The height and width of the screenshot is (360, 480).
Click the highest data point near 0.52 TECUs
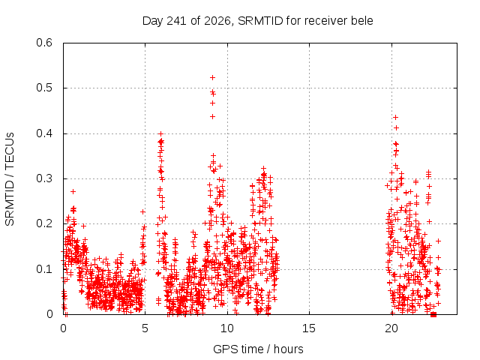point(212,78)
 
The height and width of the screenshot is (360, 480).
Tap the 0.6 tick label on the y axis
point(44,43)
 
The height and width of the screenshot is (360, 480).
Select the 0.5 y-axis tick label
point(44,88)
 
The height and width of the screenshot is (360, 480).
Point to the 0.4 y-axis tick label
point(44,133)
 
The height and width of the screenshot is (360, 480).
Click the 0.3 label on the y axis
point(44,178)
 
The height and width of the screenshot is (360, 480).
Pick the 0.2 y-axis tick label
point(44,223)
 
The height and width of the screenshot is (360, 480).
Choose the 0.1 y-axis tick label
point(44,269)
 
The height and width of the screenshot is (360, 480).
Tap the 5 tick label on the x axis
point(145,328)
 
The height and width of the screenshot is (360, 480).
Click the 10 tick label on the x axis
point(227,328)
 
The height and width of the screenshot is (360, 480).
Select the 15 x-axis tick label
point(309,328)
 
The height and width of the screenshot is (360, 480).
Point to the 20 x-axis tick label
point(391,328)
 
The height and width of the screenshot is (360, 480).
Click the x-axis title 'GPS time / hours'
point(258,349)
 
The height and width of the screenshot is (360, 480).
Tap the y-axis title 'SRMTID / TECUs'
point(10,179)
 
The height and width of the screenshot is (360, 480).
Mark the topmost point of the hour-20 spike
point(395,117)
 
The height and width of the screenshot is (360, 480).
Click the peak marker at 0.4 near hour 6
point(160,133)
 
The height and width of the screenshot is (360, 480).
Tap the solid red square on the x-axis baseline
point(433,314)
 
